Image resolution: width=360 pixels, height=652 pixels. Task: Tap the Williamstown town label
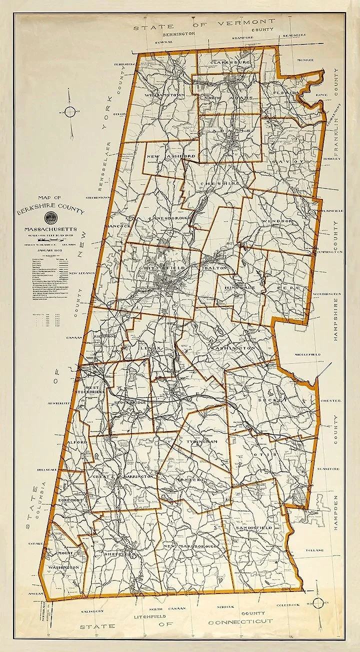pos(165,94)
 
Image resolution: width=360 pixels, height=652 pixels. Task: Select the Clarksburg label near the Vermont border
pos(229,62)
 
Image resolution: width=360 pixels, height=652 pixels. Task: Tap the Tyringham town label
pos(201,442)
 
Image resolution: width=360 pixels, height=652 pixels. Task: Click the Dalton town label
pos(215,268)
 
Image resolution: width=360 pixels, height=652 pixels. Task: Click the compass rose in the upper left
pos(71,111)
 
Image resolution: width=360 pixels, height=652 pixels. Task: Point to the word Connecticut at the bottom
pos(240,621)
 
